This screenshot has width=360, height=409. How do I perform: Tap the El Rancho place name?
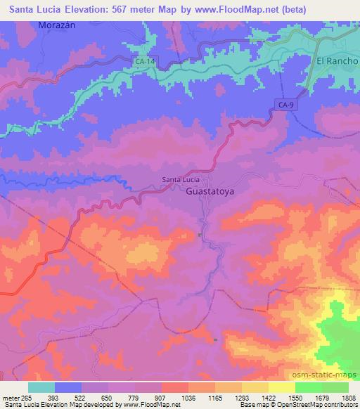337,61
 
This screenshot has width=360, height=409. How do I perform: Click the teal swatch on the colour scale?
41,387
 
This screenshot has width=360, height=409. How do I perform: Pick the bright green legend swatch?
309,387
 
